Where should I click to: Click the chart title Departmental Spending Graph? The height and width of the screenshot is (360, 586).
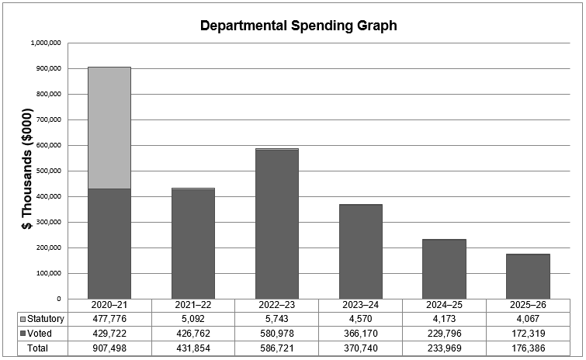tap(298, 26)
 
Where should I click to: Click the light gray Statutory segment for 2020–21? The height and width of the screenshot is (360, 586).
tap(109, 128)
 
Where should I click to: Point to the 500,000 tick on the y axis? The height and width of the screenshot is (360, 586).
tap(47, 171)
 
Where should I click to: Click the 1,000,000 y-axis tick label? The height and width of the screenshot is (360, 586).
tap(45, 43)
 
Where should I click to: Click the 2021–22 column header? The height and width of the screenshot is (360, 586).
tap(193, 306)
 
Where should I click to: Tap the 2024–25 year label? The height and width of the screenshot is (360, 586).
tap(445, 306)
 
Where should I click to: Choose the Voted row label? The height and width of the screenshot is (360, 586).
tap(39, 334)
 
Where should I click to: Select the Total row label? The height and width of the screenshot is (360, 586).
tap(37, 348)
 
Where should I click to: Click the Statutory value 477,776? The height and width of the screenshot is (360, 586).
tap(109, 320)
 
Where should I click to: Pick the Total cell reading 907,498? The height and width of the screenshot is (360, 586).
tap(109, 348)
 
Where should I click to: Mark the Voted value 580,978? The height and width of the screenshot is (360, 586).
tap(277, 334)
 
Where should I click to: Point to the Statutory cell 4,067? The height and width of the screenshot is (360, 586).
tap(529, 320)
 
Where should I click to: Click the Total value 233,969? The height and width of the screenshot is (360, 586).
tap(445, 348)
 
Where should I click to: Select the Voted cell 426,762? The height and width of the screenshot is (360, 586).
tap(193, 334)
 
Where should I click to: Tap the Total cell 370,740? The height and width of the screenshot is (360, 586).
tap(361, 348)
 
